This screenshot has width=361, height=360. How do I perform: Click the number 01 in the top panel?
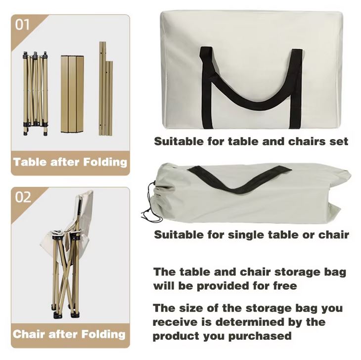point(22,25)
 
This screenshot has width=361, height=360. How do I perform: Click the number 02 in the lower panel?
point(23,197)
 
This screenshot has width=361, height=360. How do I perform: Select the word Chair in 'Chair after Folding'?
point(29,334)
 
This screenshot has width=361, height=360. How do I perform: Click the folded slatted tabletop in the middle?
point(72,94)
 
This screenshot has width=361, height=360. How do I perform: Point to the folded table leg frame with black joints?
point(35,93)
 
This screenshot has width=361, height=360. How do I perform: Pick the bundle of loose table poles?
point(106,89)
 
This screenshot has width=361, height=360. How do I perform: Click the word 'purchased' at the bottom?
point(260,336)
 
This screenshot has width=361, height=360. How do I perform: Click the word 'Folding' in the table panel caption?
point(105,162)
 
